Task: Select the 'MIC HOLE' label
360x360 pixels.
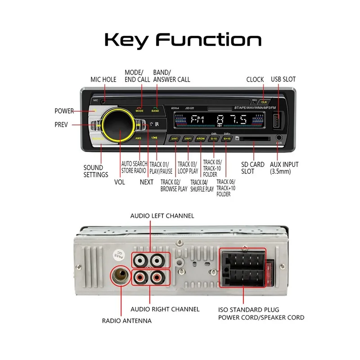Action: point(103,79)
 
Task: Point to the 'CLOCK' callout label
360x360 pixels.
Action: point(255,79)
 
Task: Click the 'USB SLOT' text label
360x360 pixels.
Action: point(283,79)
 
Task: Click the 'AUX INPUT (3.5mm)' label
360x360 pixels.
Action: point(284,168)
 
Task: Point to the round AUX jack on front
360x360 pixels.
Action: point(279,139)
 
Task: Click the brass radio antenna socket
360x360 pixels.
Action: point(120,276)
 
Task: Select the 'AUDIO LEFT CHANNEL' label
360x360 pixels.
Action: point(162,216)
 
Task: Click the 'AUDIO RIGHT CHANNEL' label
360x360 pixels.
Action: point(165,309)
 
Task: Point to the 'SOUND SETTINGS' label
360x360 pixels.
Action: point(96,171)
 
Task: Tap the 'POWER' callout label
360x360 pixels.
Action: point(64,111)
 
